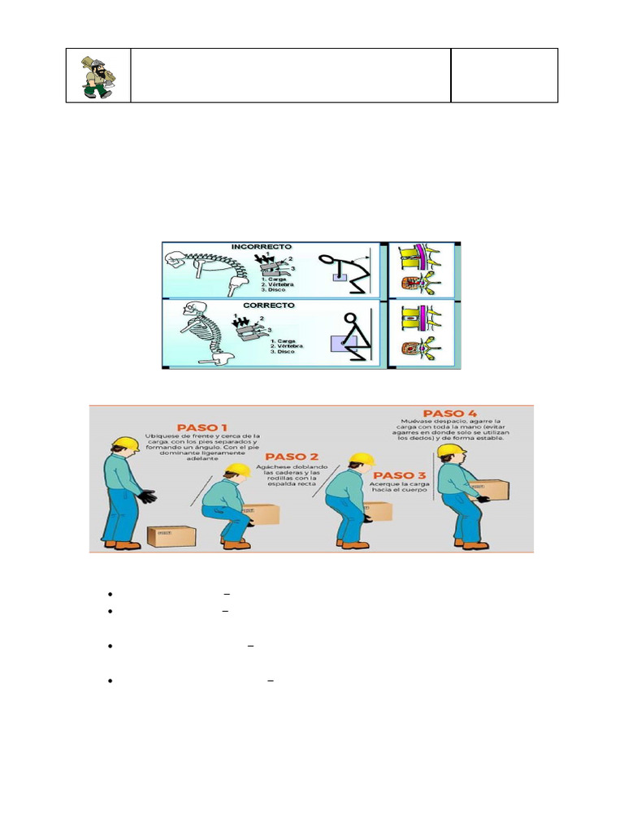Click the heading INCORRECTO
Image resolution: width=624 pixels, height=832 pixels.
click(262, 246)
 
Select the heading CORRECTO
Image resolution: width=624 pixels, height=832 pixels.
click(262, 306)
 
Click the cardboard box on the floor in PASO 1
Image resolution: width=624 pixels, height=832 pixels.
click(171, 535)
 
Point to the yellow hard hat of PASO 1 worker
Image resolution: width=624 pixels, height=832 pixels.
click(126, 444)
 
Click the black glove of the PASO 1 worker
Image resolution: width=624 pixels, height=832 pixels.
click(147, 495)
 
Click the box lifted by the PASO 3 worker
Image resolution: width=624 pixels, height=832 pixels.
click(379, 510)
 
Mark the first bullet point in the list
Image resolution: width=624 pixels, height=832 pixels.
click(108, 594)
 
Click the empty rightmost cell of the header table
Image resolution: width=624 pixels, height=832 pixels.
click(504, 76)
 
